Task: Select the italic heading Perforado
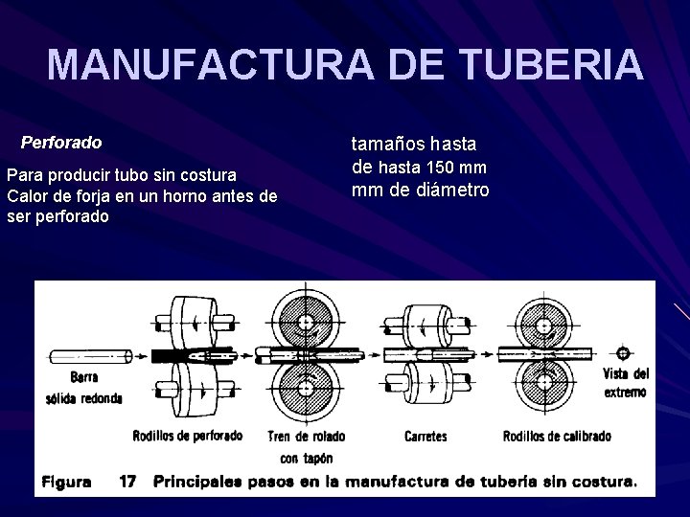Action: (x=61, y=143)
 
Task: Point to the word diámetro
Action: (x=449, y=190)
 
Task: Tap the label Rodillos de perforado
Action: (x=188, y=436)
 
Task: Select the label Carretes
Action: (x=425, y=437)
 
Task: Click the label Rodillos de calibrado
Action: (x=557, y=437)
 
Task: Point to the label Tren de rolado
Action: (x=307, y=437)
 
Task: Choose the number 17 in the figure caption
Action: (x=127, y=482)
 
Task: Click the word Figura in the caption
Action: (x=66, y=482)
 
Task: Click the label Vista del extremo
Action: (x=627, y=383)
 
